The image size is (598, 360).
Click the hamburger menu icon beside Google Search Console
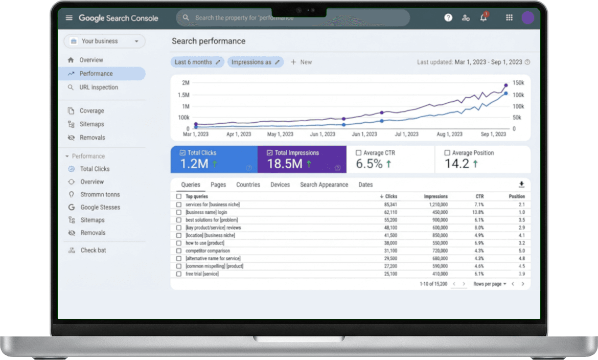click(69, 17)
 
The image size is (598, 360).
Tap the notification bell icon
click(484, 17)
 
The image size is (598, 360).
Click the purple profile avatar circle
click(528, 17)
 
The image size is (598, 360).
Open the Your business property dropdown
click(104, 41)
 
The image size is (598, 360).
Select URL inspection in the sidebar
click(99, 87)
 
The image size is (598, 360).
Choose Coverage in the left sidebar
click(91, 111)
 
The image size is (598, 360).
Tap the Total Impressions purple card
click(302, 159)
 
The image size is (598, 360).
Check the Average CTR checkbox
click(358, 153)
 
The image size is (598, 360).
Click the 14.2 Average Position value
click(457, 164)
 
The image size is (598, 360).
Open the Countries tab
click(248, 185)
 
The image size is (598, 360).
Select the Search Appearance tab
click(324, 185)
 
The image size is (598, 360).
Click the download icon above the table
click(521, 185)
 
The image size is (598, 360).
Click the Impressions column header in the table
click(435, 196)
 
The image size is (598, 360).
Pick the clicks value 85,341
click(390, 205)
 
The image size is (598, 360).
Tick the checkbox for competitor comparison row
click(179, 251)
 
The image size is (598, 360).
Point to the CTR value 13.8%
click(478, 212)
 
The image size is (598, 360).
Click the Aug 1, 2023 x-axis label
click(449, 134)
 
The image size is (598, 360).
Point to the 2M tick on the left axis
click(186, 83)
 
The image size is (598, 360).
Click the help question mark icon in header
click(448, 17)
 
